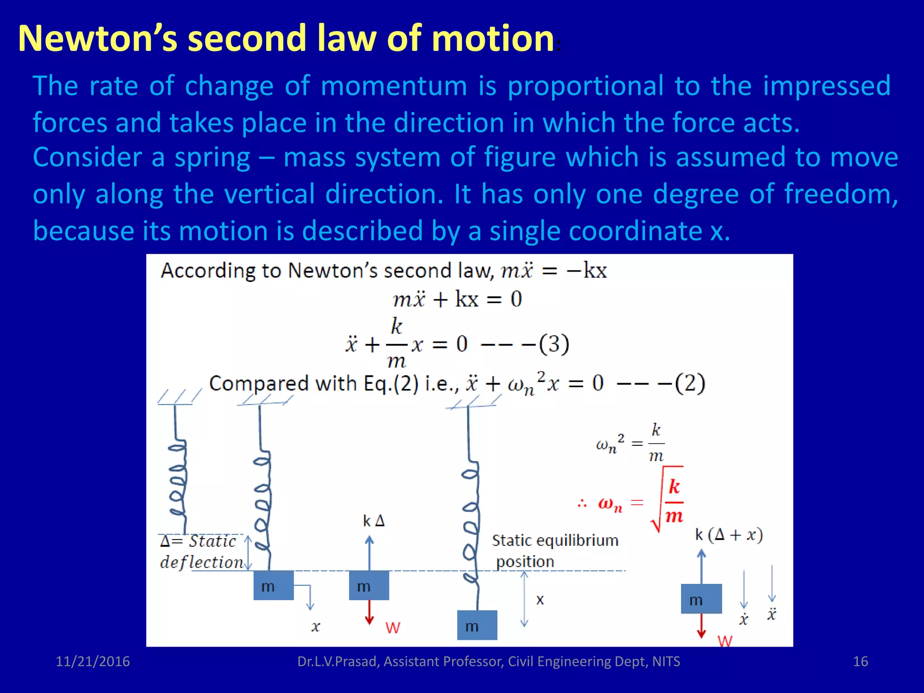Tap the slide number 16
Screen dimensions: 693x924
(x=860, y=661)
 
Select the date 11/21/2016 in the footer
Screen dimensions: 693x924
(x=92, y=661)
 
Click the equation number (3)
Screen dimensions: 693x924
(x=554, y=344)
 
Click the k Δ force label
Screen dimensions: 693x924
(x=374, y=521)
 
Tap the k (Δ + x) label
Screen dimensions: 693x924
(x=729, y=535)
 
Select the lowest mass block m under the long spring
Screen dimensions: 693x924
(x=477, y=625)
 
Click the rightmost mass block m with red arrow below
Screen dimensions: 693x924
(x=701, y=599)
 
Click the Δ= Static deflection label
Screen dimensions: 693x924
(x=201, y=551)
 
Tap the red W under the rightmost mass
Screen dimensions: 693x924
(x=725, y=640)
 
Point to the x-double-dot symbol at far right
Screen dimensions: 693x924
(x=772, y=614)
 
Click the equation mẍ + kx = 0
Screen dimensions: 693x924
(x=457, y=299)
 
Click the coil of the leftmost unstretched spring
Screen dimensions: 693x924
(x=177, y=478)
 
